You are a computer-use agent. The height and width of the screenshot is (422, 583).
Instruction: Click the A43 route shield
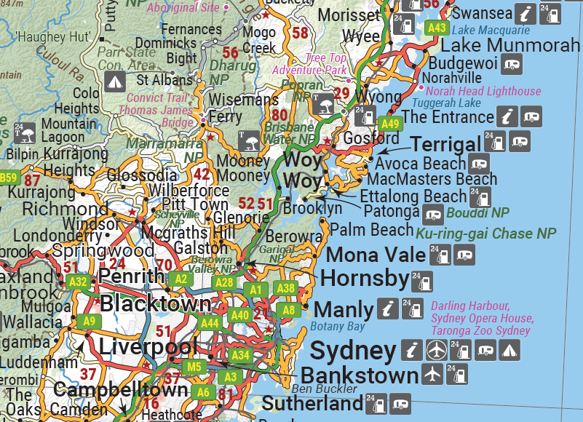(437, 28)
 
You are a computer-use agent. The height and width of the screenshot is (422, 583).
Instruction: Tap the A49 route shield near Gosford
(390, 123)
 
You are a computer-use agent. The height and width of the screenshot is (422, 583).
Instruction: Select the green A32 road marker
(77, 282)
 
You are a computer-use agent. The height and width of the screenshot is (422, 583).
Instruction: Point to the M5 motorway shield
(193, 367)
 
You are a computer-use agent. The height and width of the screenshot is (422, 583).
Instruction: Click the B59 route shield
(8, 178)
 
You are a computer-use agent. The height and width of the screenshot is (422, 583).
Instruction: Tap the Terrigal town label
(445, 144)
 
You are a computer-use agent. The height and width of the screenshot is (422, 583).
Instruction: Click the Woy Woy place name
(302, 170)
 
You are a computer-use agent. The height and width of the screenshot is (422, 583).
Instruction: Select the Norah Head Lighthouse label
(483, 91)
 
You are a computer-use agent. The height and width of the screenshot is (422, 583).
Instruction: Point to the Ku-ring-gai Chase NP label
(485, 234)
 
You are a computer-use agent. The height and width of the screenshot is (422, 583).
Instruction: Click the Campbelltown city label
(121, 391)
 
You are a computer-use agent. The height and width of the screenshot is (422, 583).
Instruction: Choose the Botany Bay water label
(338, 326)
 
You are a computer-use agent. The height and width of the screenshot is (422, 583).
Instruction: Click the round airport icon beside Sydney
(436, 350)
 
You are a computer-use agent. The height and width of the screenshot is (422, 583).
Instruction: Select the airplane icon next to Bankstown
(432, 375)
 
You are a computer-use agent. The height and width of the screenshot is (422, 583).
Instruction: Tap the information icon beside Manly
(389, 308)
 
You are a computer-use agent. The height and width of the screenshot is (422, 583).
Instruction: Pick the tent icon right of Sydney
(510, 350)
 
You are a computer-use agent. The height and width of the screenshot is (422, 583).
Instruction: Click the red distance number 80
(279, 114)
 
